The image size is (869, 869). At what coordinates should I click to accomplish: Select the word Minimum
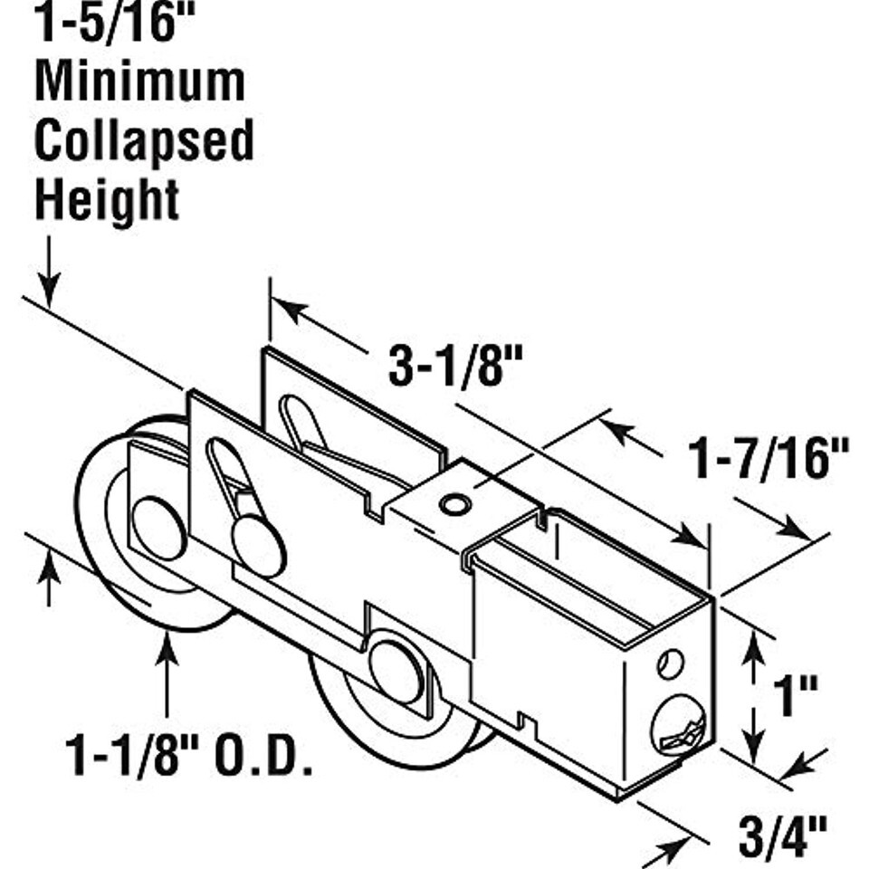pos(139,82)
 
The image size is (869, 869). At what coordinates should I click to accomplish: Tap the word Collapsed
pos(144,142)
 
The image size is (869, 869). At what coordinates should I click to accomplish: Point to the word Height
pos(107,200)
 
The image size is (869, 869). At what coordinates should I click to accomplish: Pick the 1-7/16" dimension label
pos(770,458)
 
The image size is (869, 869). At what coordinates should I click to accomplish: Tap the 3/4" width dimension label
pos(783,838)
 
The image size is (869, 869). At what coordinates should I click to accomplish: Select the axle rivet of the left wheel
pos(159,527)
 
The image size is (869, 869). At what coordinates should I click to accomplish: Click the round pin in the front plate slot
pos(258,546)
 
